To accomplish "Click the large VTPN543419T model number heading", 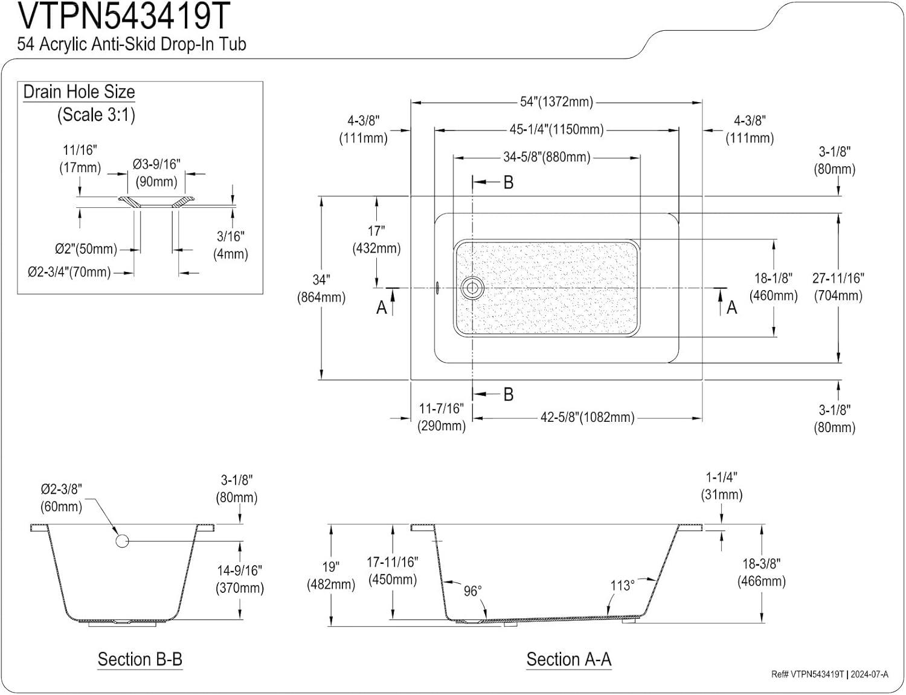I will pos(124,17).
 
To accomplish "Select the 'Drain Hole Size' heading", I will pos(79,92).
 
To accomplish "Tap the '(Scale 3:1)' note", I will pos(96,114).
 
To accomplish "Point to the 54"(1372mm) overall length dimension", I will pos(556,102).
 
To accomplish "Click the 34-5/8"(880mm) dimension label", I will pos(547,157).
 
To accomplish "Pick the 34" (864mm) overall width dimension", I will pos(321,288).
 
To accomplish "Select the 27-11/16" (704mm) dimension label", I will pos(838,286).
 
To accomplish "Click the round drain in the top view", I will pos(471,288).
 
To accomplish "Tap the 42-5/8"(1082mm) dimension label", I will pos(587,417).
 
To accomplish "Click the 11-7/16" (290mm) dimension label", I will pos(442,417).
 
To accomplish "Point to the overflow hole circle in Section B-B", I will pos(122,540).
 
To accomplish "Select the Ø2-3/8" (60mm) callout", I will pos(61,497).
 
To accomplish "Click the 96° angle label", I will pos(472,590).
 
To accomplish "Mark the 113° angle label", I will pos(622,586).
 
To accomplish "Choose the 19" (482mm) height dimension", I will pos(330,575).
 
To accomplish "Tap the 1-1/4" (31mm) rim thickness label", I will pos(722,486).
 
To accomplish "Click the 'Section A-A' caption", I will pos(568,659).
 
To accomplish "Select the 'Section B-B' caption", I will pos(140,659).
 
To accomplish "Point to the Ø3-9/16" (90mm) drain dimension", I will pos(156,173).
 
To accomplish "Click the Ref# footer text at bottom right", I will pos(829,674).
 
